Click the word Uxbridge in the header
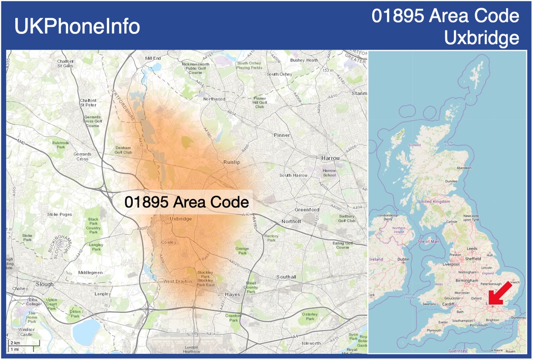481,38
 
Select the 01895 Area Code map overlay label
187,202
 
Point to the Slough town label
45,284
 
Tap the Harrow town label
331,158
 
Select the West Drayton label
177,281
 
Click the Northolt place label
291,222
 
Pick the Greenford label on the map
307,209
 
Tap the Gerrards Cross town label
82,156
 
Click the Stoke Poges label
60,214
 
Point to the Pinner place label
282,135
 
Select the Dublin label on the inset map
403,260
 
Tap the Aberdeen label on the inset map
464,168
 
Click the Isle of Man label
428,241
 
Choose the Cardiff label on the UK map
448,305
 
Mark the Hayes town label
232,294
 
